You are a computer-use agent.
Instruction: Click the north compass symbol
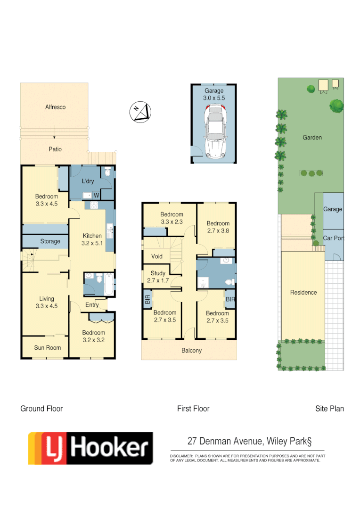coord(140,112)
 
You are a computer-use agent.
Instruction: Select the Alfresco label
coord(55,107)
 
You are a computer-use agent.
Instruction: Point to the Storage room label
coord(50,241)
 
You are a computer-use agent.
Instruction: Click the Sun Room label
coord(47,348)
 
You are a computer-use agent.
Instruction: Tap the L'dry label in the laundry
coord(89,181)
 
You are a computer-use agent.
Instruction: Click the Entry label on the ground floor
coord(92,305)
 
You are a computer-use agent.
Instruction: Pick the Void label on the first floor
coord(157,256)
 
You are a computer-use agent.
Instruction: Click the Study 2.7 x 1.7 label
coord(158,277)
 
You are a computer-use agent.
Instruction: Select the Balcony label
coord(192,350)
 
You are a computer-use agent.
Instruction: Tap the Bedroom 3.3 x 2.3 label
coord(172,218)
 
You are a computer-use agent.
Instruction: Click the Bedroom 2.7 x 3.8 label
coord(218,227)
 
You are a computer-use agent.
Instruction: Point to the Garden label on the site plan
coord(312,137)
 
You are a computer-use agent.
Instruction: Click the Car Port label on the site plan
coord(333,238)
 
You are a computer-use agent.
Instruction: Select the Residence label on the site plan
coord(303,292)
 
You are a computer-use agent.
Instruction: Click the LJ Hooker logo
coord(90,448)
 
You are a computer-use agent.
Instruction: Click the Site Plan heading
coord(329,409)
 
